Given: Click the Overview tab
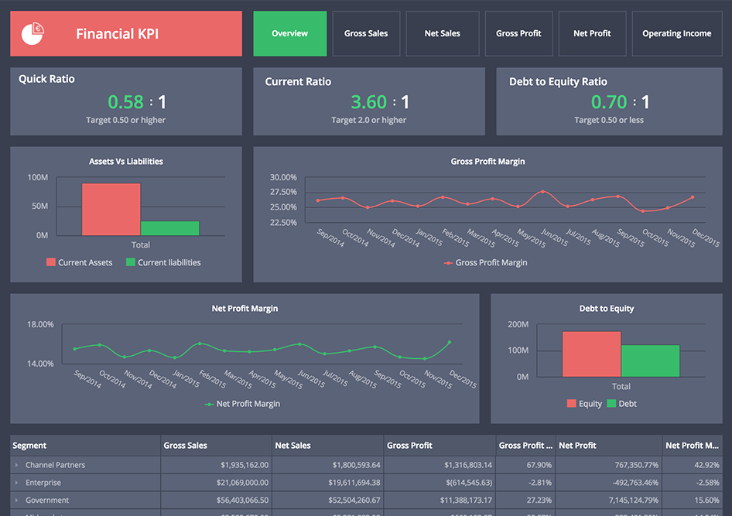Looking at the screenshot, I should point(289,33).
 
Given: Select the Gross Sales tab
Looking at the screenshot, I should point(366,33).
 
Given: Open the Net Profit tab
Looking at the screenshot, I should point(592,33).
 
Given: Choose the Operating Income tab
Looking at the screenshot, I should point(676,33).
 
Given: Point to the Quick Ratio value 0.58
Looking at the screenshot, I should point(125,102).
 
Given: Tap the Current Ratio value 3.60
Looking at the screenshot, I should point(368,102).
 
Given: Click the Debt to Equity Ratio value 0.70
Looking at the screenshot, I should point(609,102).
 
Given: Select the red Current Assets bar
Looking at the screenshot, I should point(111,209).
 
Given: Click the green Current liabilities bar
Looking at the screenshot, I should point(169,228).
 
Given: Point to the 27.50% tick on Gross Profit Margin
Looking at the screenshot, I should point(283,192).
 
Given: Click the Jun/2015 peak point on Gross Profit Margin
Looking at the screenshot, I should point(543,191).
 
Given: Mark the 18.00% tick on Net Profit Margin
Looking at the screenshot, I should point(40,324).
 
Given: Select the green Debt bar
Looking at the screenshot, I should point(650,361).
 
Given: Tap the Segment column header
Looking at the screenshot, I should point(30,446).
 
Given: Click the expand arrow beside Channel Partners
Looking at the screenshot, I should point(16,465).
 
